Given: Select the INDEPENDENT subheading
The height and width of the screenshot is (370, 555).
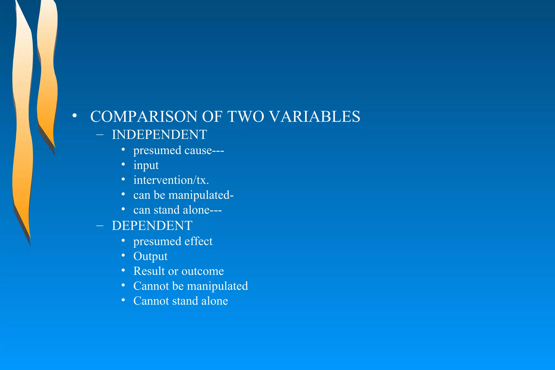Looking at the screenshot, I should click(x=159, y=135).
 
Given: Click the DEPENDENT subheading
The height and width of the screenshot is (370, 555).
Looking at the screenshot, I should click(x=152, y=226).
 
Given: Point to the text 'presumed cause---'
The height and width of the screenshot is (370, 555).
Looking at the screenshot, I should click(x=178, y=150).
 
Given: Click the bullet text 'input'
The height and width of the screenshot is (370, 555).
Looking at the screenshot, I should click(x=146, y=165).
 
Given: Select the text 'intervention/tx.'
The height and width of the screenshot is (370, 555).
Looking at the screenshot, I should click(x=171, y=180).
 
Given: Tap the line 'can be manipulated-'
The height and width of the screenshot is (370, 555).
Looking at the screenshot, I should click(x=183, y=195).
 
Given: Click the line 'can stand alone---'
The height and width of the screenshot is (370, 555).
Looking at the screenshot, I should click(x=177, y=210).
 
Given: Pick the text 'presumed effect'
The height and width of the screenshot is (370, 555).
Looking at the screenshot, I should click(x=173, y=241).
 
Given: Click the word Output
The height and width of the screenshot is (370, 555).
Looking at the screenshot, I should click(x=150, y=256).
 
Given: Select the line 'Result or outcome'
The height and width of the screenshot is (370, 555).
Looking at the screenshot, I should click(x=178, y=271).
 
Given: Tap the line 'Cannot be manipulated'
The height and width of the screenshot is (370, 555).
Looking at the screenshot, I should click(x=191, y=286).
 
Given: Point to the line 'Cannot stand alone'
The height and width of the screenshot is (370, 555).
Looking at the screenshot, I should click(x=180, y=301).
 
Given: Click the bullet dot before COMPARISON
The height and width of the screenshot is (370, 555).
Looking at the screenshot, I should click(x=75, y=116).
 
